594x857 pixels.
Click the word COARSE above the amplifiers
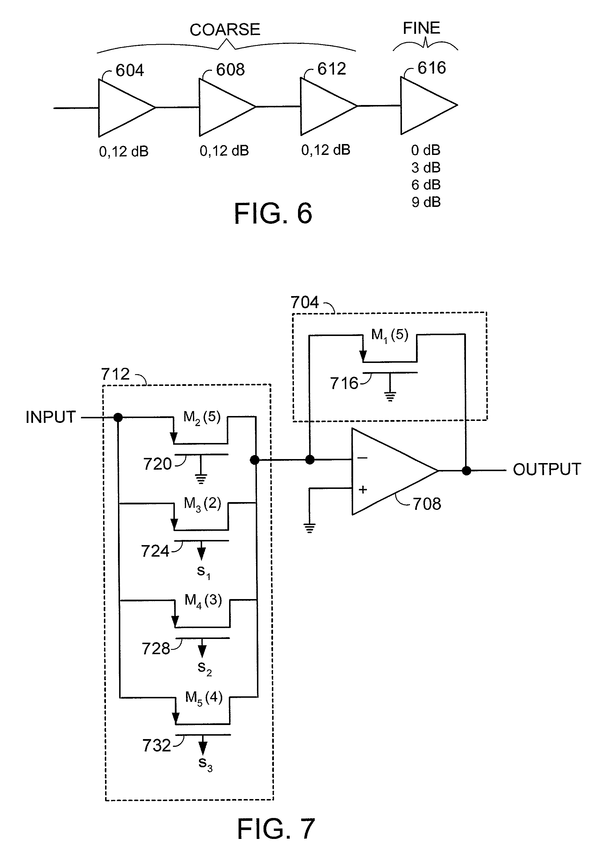[x=225, y=30]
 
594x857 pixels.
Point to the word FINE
[x=421, y=28]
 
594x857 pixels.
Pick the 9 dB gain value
[x=426, y=202]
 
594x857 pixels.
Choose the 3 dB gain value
[x=426, y=168]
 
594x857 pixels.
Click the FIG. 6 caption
[x=273, y=213]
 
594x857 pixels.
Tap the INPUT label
[x=51, y=417]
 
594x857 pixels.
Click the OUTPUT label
[x=547, y=469]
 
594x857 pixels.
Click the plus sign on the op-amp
[x=363, y=489]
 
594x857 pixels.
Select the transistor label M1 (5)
[x=390, y=335]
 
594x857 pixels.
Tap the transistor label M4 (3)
[x=203, y=600]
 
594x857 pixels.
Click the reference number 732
[x=156, y=745]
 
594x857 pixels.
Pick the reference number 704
[x=304, y=302]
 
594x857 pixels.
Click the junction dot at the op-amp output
[x=466, y=471]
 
